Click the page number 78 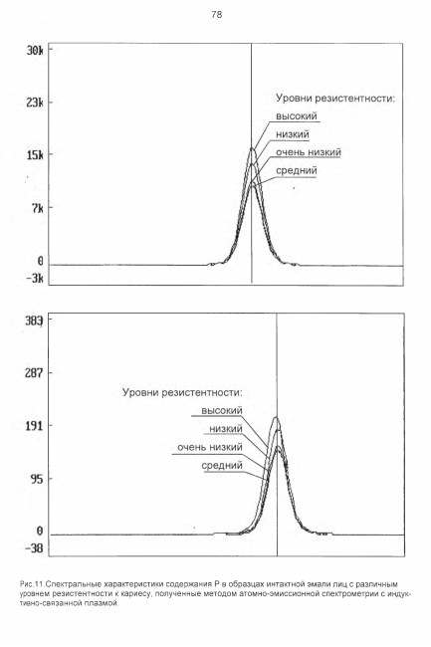tap(217, 15)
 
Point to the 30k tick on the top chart tap(35, 51)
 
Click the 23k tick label tap(35, 103)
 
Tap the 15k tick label tap(35, 154)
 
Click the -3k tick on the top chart tap(35, 278)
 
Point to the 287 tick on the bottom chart tap(34, 373)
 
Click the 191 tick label tap(34, 425)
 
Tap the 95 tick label tap(36, 479)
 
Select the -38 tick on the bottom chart tap(34, 548)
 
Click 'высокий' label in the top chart tap(297, 115)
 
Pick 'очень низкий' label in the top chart tap(309, 152)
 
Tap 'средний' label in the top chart tap(297, 170)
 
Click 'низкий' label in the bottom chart tap(226, 429)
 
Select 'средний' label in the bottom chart tap(222, 466)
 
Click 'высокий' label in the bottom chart tap(222, 410)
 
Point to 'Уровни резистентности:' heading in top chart tap(335, 99)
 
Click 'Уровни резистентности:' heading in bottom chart tap(182, 392)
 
